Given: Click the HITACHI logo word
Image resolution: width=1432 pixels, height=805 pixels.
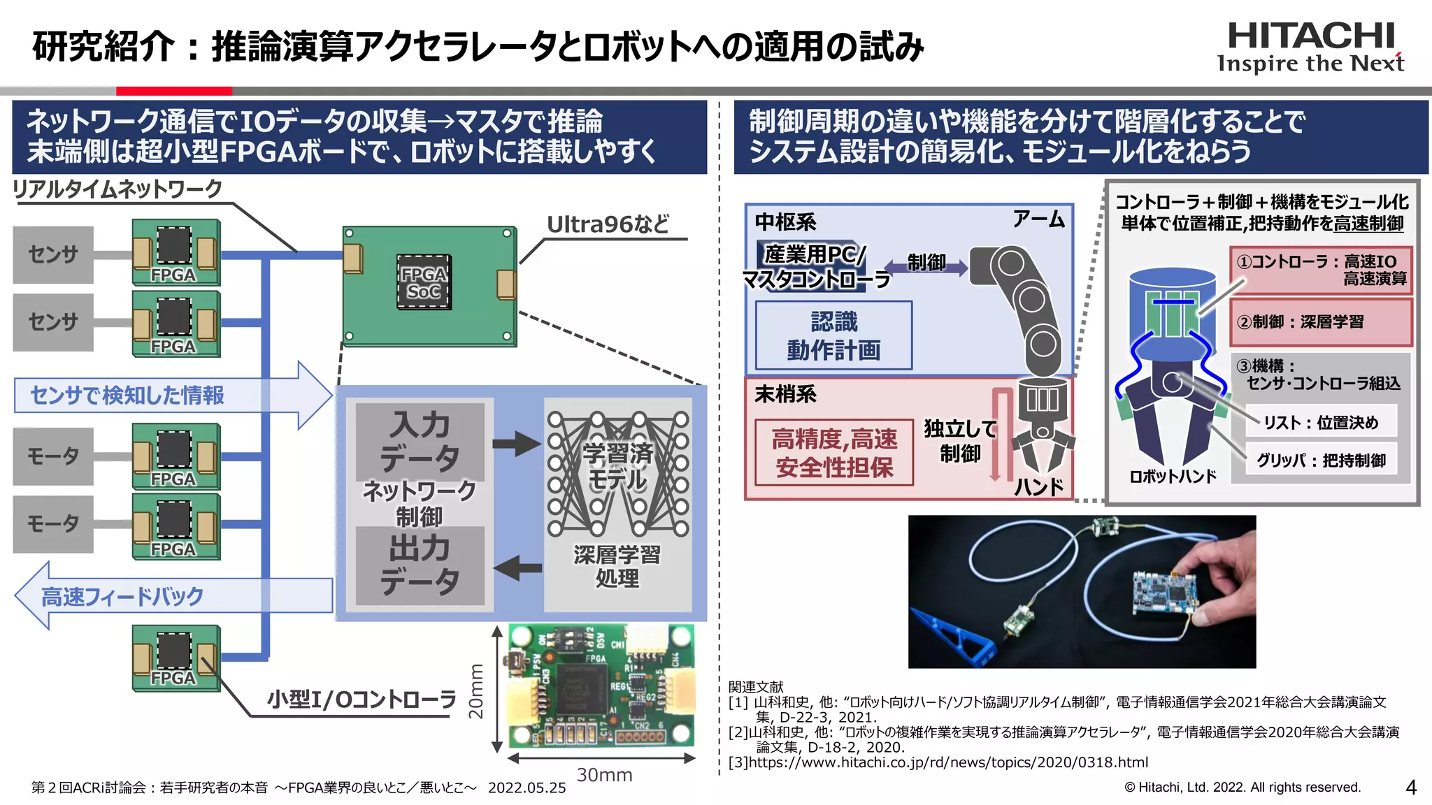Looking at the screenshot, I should [1311, 36].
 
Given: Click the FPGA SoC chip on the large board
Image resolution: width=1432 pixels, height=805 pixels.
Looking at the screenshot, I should [424, 282].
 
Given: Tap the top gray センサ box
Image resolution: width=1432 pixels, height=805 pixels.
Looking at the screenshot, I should [53, 254].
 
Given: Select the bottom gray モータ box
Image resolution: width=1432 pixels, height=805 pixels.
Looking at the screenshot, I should [53, 524].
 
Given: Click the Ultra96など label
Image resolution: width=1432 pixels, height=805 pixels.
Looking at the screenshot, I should [608, 224].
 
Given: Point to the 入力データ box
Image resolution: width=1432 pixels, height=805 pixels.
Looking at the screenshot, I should [420, 441].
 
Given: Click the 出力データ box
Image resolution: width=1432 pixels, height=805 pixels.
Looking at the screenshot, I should [420, 565].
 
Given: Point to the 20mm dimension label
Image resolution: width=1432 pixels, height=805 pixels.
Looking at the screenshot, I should [476, 691].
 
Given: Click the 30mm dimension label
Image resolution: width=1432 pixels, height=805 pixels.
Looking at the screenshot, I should [604, 775].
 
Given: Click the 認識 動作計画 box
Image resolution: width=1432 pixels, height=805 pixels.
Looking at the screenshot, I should [833, 335].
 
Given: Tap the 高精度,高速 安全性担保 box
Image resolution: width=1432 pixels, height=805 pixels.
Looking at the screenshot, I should [833, 453].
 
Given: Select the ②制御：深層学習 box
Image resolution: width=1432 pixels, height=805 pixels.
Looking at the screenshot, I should [1320, 322].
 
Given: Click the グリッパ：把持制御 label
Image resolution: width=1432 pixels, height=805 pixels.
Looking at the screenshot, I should [1320, 460].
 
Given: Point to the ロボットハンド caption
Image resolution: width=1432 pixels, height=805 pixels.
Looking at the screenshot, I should [1173, 477].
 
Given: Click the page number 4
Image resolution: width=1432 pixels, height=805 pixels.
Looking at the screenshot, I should [1411, 788].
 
